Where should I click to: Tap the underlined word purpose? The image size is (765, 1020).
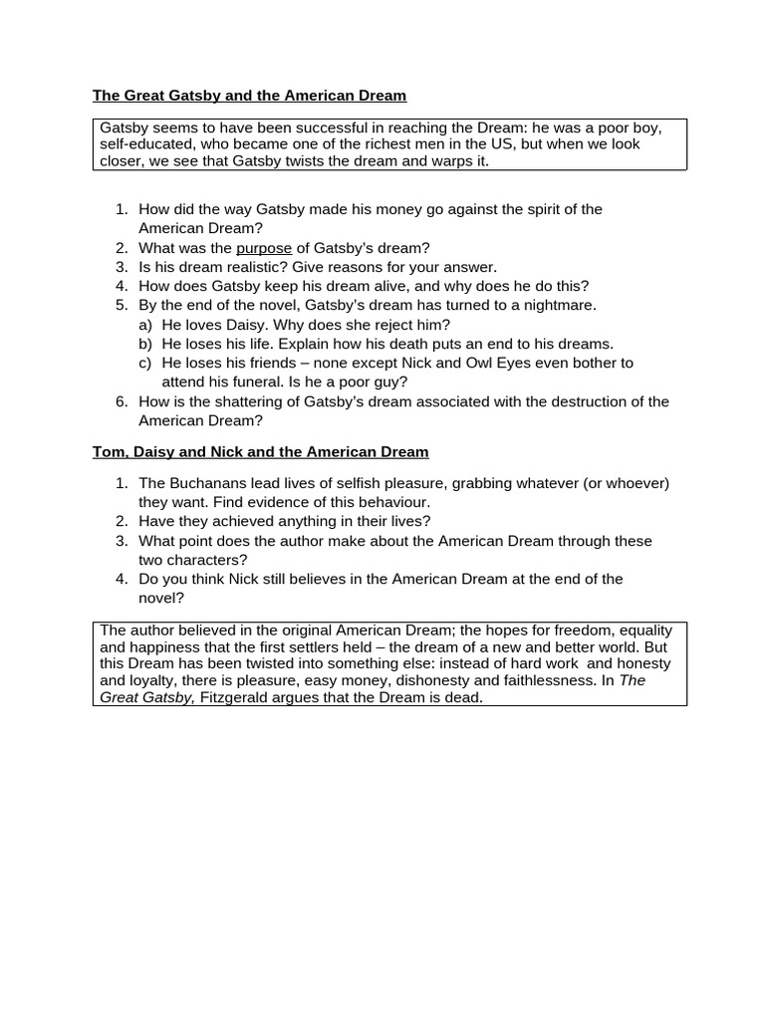264,248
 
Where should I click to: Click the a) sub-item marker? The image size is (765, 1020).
145,325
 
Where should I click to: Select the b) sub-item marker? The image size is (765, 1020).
145,344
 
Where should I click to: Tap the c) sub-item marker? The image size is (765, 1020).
145,363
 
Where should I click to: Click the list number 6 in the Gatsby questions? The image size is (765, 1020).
121,401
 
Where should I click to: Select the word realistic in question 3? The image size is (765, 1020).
253,267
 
